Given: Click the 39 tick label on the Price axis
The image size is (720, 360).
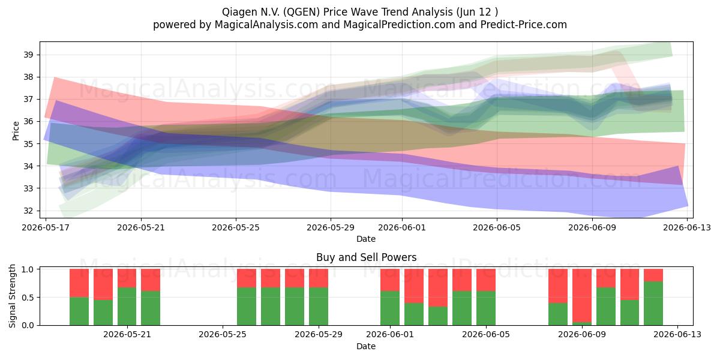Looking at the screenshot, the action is pyautogui.click(x=28, y=55).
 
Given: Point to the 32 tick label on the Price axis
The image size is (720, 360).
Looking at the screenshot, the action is pyautogui.click(x=28, y=211).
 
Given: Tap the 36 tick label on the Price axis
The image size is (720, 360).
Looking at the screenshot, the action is pyautogui.click(x=28, y=121).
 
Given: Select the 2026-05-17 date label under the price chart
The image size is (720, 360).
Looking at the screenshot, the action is pyautogui.click(x=46, y=227).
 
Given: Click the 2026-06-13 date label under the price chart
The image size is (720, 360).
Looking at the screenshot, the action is pyautogui.click(x=687, y=227).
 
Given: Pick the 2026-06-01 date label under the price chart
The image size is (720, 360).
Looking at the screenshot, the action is pyautogui.click(x=402, y=227).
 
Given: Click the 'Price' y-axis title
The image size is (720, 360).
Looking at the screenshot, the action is pyautogui.click(x=16, y=131).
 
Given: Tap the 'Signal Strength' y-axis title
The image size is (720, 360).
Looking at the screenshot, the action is pyautogui.click(x=12, y=296).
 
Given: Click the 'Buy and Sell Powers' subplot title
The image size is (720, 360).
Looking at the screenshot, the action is pyautogui.click(x=366, y=257).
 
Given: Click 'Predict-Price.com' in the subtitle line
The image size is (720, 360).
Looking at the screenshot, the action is pyautogui.click(x=524, y=25).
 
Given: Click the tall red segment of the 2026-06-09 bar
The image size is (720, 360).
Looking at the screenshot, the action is pyautogui.click(x=582, y=295).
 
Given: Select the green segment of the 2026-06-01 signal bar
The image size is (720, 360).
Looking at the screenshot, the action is pyautogui.click(x=390, y=308).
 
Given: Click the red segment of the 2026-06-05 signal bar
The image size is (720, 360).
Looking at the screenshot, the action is pyautogui.click(x=485, y=280).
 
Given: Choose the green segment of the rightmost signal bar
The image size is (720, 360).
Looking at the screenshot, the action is pyautogui.click(x=653, y=303).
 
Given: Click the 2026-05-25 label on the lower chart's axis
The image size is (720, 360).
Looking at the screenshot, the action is pyautogui.click(x=223, y=335).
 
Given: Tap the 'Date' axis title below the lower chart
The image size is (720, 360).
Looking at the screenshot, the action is pyautogui.click(x=366, y=346).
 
